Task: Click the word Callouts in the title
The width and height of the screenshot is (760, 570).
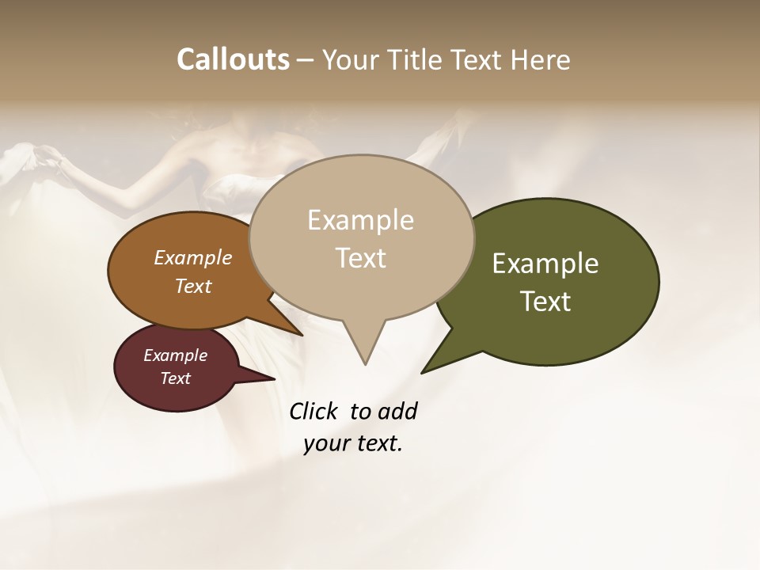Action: click(x=233, y=59)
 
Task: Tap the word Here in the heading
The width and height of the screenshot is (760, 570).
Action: click(x=539, y=59)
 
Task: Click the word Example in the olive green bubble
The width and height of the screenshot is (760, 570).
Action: click(x=545, y=264)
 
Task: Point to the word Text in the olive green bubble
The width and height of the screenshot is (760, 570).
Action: click(x=545, y=302)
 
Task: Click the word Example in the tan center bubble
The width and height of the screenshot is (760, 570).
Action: click(x=360, y=220)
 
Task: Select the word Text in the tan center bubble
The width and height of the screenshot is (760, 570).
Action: click(x=360, y=258)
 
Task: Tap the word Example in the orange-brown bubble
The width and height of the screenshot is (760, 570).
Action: click(x=193, y=257)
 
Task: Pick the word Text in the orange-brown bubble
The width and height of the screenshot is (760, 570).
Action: click(x=193, y=286)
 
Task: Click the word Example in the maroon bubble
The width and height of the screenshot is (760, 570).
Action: click(x=176, y=355)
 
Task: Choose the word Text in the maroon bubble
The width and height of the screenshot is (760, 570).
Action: click(x=176, y=378)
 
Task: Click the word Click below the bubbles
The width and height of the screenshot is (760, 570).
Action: click(x=313, y=411)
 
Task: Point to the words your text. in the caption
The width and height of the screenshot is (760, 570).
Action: click(x=353, y=443)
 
